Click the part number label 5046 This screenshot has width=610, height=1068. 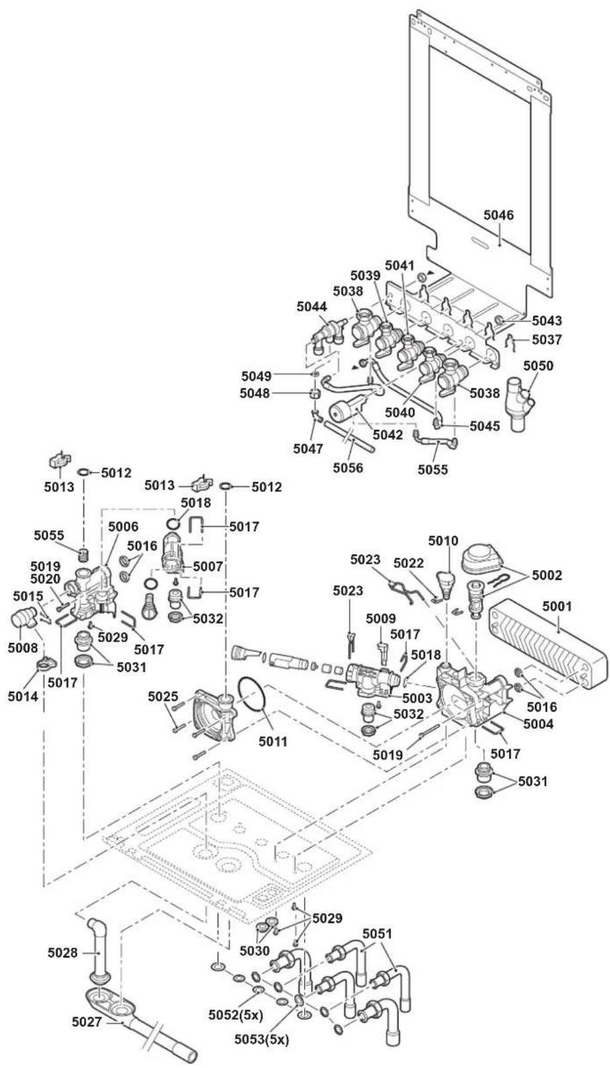(499, 215)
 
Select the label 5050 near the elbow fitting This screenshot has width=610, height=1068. (538, 366)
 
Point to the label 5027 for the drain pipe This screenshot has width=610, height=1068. (87, 1021)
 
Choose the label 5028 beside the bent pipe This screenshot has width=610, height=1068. (62, 953)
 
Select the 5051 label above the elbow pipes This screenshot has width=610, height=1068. (378, 934)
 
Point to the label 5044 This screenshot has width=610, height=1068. (312, 307)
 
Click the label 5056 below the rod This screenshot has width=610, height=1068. (348, 468)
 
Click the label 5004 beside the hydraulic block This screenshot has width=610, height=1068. (538, 723)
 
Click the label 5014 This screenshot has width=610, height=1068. (23, 696)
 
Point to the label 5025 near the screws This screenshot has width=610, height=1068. (163, 696)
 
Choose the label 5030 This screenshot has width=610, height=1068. (254, 951)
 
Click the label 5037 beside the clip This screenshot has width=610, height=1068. (547, 339)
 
